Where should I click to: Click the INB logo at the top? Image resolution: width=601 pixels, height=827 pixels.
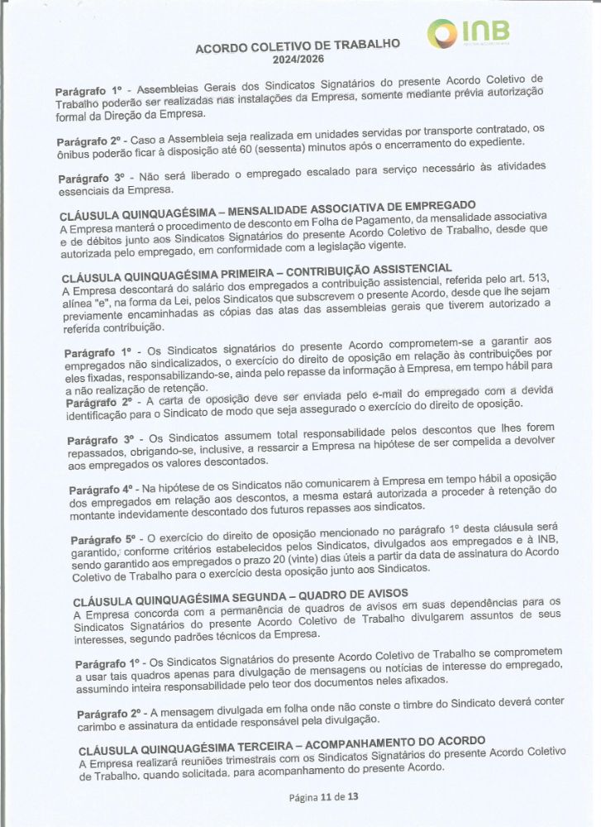(x=465, y=34)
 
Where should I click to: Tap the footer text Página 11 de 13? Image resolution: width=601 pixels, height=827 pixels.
(x=323, y=798)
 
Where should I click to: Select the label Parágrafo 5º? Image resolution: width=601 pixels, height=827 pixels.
(x=97, y=541)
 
